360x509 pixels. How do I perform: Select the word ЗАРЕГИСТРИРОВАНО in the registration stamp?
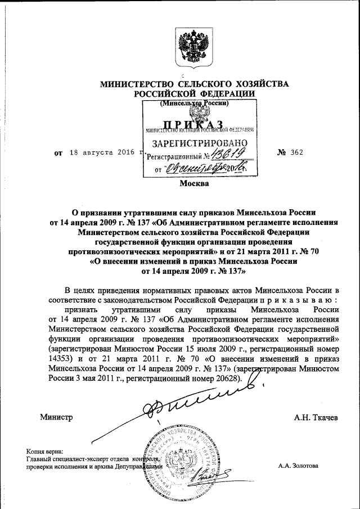pos(196,143)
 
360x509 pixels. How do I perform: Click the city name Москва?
pos(194,183)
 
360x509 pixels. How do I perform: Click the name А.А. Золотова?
pos(298,466)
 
